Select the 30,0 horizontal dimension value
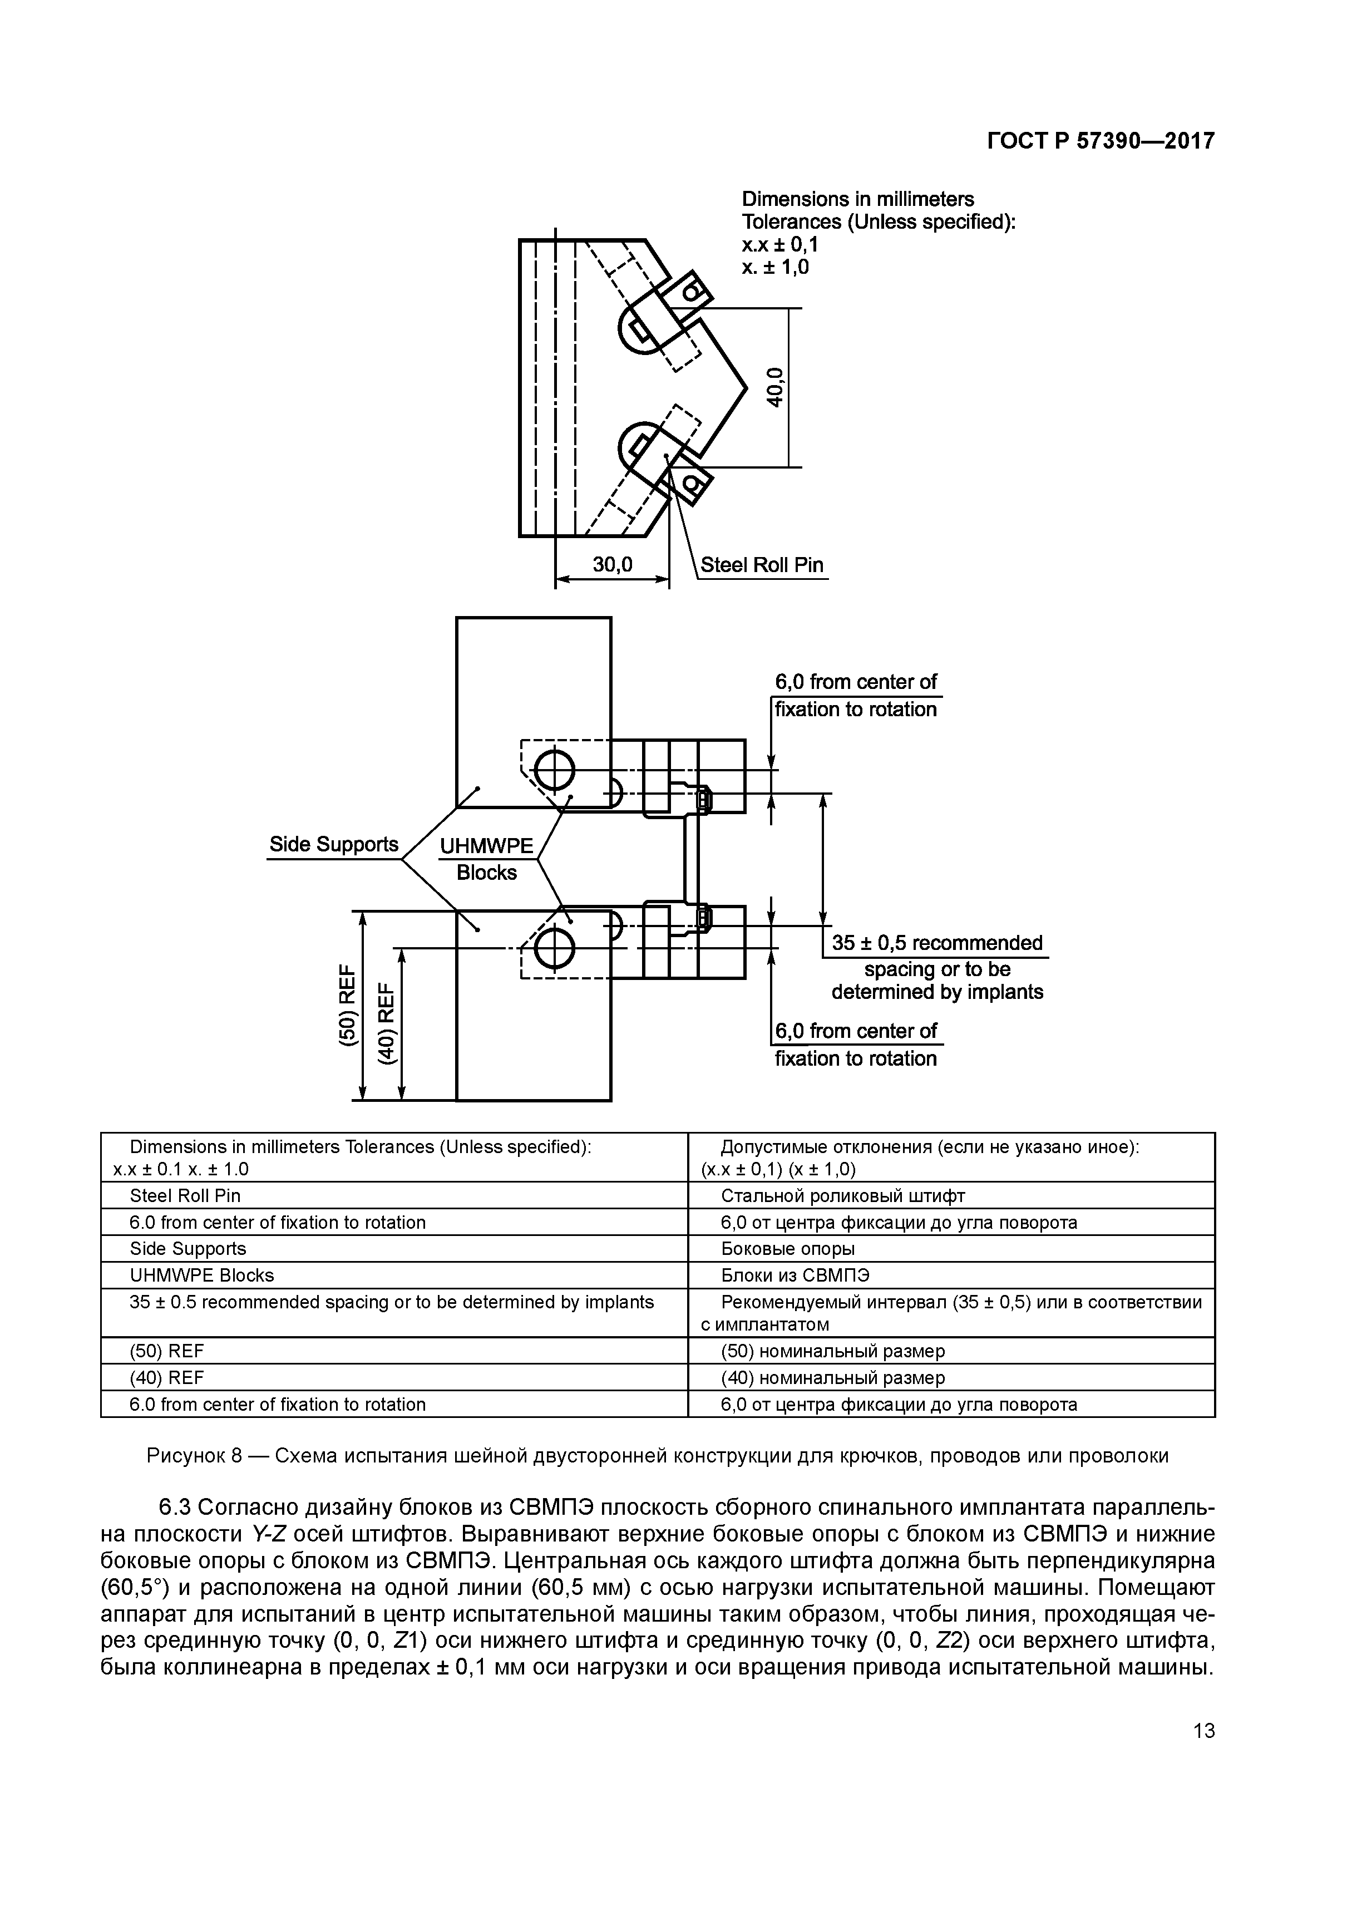[613, 565]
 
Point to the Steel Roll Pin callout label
[762, 565]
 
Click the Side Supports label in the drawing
[334, 844]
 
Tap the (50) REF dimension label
[348, 1006]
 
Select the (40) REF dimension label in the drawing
[387, 1023]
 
